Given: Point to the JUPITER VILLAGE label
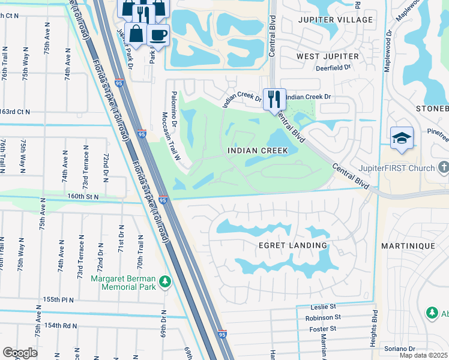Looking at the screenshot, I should coord(335,20).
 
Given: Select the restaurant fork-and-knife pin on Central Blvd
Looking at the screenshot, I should coord(274,98).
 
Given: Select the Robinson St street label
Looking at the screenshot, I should coord(323,317).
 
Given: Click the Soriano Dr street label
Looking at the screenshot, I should coord(400,349).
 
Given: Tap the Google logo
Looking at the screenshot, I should coord(20,352).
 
